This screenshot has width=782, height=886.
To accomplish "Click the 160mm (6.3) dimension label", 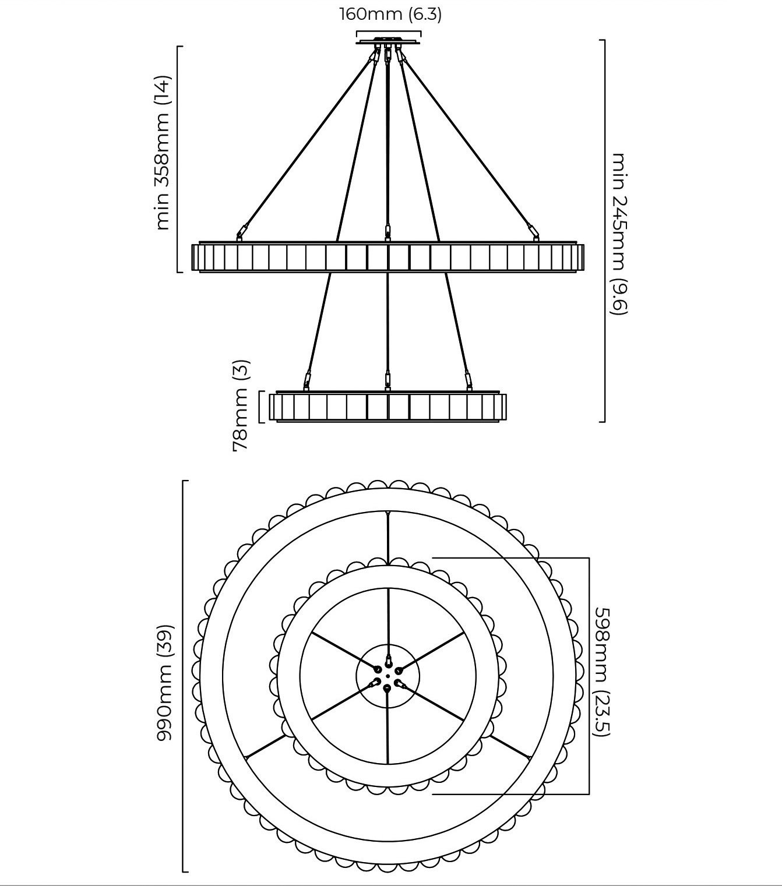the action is pos(391,14).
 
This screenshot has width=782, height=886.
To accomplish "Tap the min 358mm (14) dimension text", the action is pos(162,153).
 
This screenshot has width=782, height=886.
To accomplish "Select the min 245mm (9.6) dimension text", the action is pos(619,234).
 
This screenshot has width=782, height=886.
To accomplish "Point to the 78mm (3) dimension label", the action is pos(240,405).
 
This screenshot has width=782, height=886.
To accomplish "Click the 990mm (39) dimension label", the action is pos(165,682).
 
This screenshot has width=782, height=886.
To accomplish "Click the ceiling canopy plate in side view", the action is pos(388,42).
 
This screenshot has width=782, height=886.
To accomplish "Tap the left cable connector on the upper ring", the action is pos(242,231).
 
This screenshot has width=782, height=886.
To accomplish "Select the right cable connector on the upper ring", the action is pos(533,231).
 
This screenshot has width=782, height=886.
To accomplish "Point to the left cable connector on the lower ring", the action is pos(307,380).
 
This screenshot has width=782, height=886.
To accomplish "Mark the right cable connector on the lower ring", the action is pos(469,380).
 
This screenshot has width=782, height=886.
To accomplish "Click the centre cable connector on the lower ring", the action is pos(388,380).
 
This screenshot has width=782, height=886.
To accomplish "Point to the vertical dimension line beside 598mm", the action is pos(589,676).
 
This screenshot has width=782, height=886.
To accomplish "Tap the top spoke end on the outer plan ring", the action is pos(388,512).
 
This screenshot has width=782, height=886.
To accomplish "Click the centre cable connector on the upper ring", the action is pos(388,232).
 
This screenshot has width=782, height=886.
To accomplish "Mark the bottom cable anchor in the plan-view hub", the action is pos(387,689).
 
